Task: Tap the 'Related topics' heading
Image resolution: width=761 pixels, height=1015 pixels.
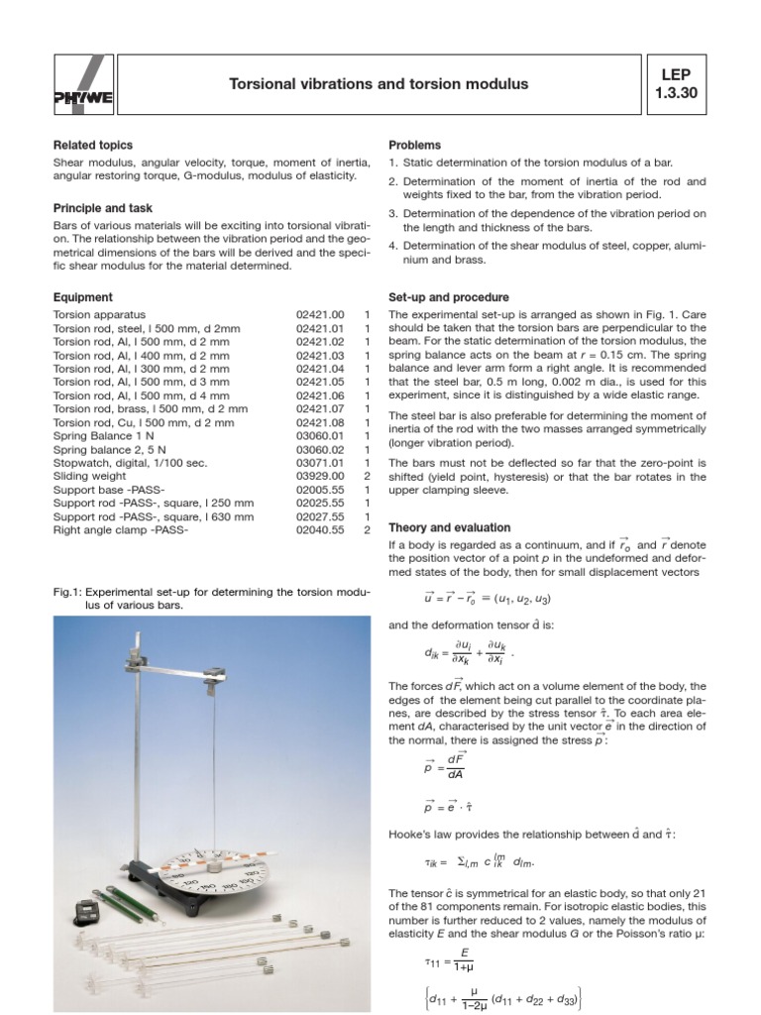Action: click(x=92, y=146)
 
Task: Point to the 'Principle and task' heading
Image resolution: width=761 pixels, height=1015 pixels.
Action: click(x=101, y=208)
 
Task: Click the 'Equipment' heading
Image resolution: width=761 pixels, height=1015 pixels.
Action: click(x=82, y=296)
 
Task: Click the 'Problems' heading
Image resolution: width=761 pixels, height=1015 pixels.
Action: click(x=414, y=146)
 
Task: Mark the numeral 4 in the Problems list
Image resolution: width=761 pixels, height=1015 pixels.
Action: click(x=392, y=246)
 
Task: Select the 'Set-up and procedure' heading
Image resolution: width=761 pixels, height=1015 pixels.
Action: click(x=449, y=296)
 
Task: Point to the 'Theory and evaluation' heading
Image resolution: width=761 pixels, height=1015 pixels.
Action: click(x=449, y=527)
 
